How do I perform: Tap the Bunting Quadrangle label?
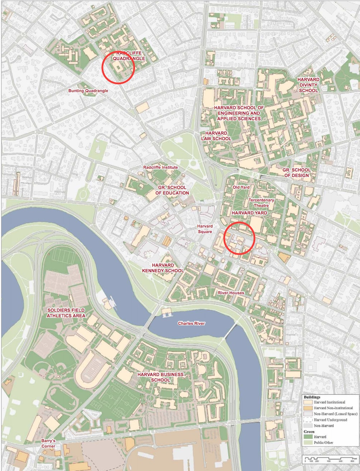click(88, 91)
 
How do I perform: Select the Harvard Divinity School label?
click(308, 85)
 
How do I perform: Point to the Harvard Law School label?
click(216, 136)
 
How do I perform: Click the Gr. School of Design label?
click(297, 172)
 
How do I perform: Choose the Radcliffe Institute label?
click(160, 167)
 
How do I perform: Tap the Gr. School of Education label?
click(172, 190)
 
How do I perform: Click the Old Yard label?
click(241, 187)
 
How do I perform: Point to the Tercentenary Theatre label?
click(261, 203)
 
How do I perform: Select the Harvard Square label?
click(205, 229)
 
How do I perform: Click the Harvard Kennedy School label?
click(163, 268)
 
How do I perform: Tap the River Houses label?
click(231, 293)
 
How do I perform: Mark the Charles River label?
click(191, 323)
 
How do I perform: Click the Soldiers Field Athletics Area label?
click(66, 313)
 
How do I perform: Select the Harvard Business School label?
click(160, 377)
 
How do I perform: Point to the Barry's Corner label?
click(48, 443)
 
